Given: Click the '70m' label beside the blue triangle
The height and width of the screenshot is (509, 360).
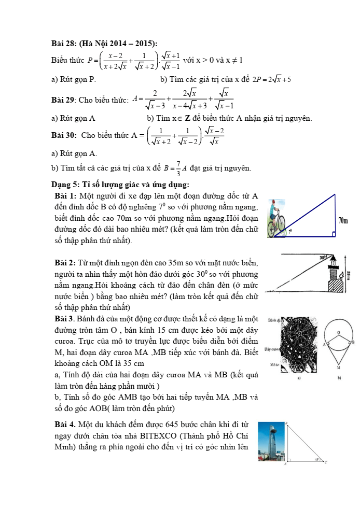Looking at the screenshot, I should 343,221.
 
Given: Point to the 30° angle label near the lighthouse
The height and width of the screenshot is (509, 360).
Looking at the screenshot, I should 323,258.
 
